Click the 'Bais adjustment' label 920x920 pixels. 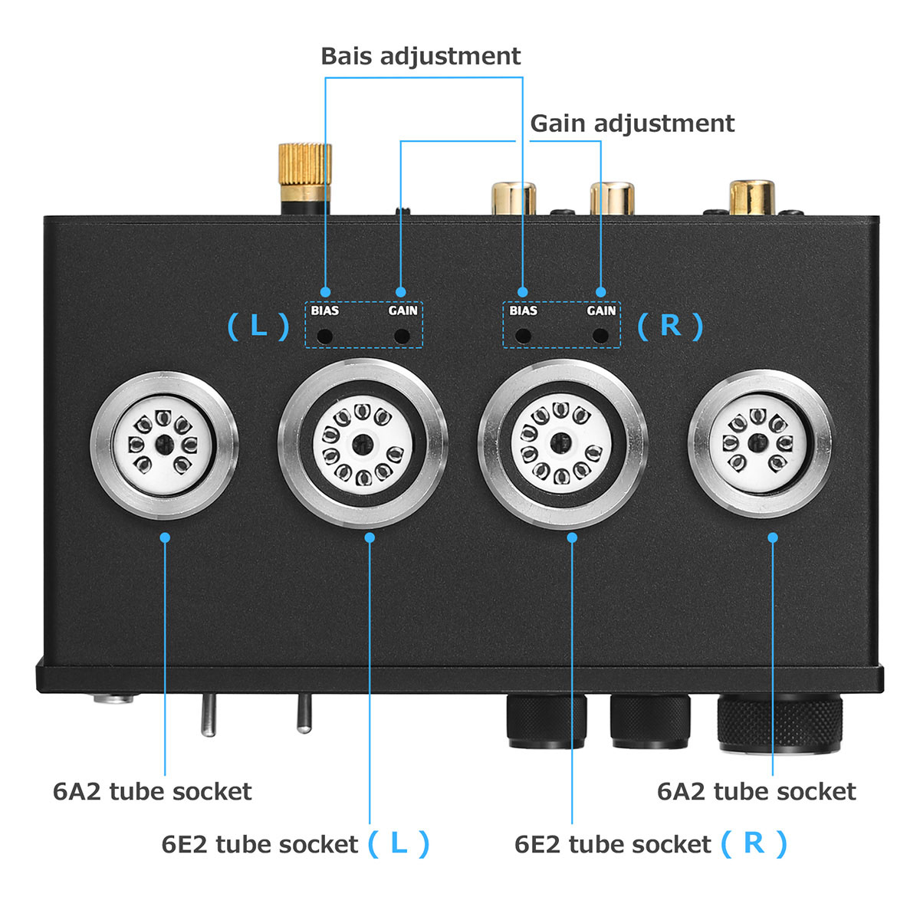pos(420,56)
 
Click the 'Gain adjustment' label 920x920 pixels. pos(632,123)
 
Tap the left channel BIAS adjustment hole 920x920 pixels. pos(325,336)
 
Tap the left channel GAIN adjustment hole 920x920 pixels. pos(401,336)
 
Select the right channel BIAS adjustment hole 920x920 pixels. pos(523,336)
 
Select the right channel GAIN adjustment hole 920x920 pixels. pos(600,336)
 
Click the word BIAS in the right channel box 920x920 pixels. pos(523,310)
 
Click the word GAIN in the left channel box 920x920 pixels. pos(402,310)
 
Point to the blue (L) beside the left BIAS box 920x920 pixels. pos(258,327)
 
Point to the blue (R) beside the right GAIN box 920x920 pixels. pos(670,326)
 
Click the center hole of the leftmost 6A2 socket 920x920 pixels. pos(164,443)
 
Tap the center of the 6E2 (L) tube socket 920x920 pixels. pos(363,444)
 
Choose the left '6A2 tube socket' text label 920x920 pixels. pos(152,791)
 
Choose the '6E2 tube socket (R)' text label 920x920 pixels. pos(650,844)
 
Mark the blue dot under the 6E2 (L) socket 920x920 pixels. pos(370,537)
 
